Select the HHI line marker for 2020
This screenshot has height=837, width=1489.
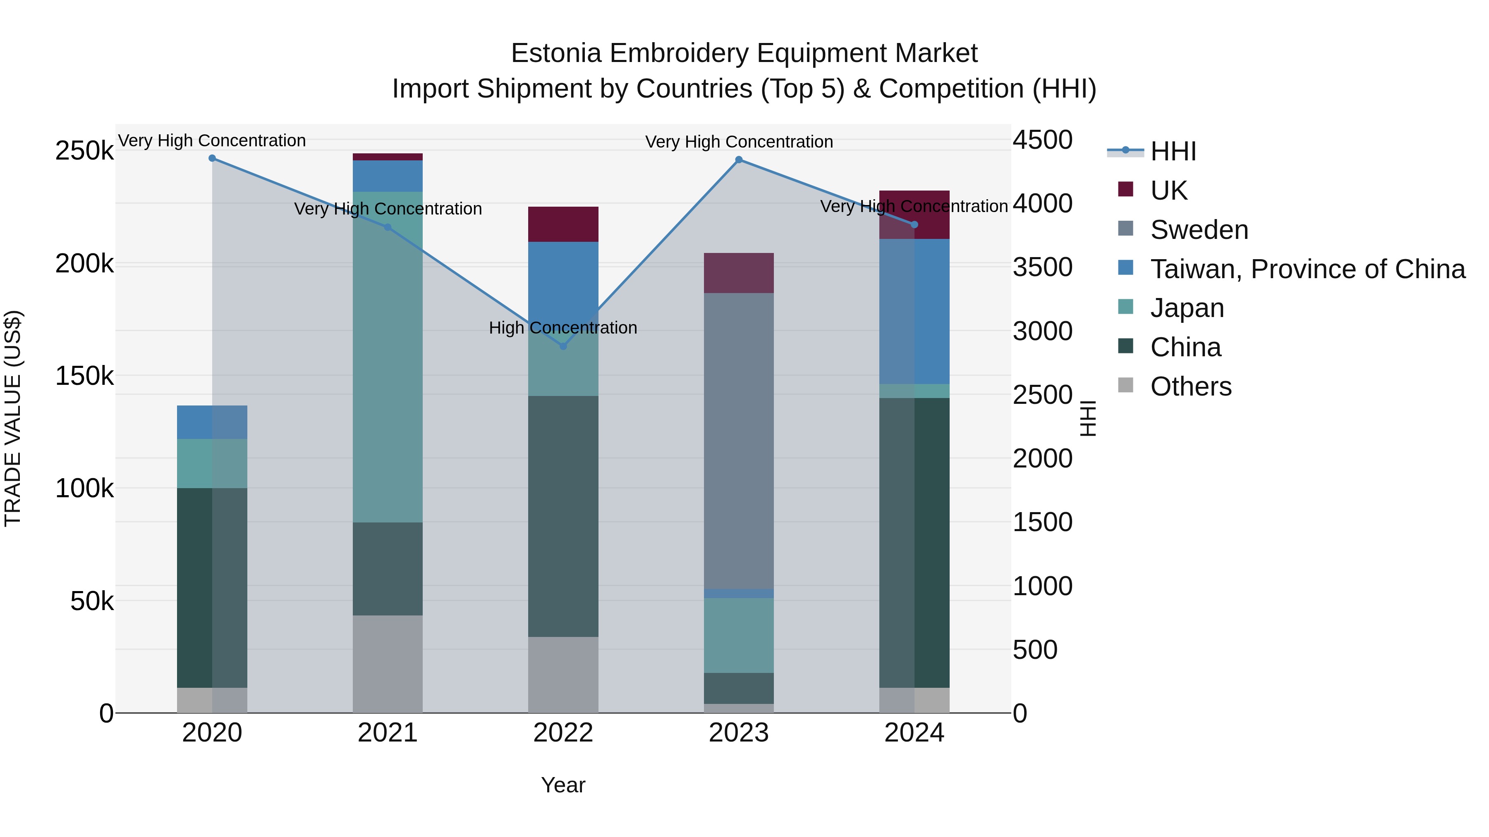pos(212,158)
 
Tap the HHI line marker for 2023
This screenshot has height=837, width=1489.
pos(739,160)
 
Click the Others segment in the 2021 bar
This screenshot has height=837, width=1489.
pos(387,664)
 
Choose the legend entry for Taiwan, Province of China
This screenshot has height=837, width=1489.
pos(1307,269)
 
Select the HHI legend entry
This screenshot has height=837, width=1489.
pos(1173,151)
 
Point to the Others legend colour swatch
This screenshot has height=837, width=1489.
pos(1125,385)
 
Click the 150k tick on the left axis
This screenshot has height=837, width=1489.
pos(84,377)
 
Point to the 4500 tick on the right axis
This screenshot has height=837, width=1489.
pos(1042,140)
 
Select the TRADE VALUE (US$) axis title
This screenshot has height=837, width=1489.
pos(13,418)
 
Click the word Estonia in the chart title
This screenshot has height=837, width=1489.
pos(556,54)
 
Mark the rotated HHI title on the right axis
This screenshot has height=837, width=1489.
pos(1087,418)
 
